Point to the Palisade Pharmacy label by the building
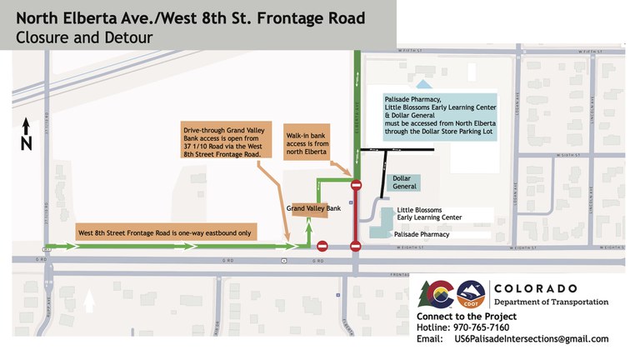(x=422, y=235)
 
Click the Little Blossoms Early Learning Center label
(x=430, y=213)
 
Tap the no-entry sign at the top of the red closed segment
(x=356, y=185)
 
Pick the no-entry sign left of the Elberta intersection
(x=322, y=246)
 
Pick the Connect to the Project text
(x=467, y=317)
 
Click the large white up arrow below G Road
(x=90, y=299)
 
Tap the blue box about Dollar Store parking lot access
(x=440, y=114)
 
